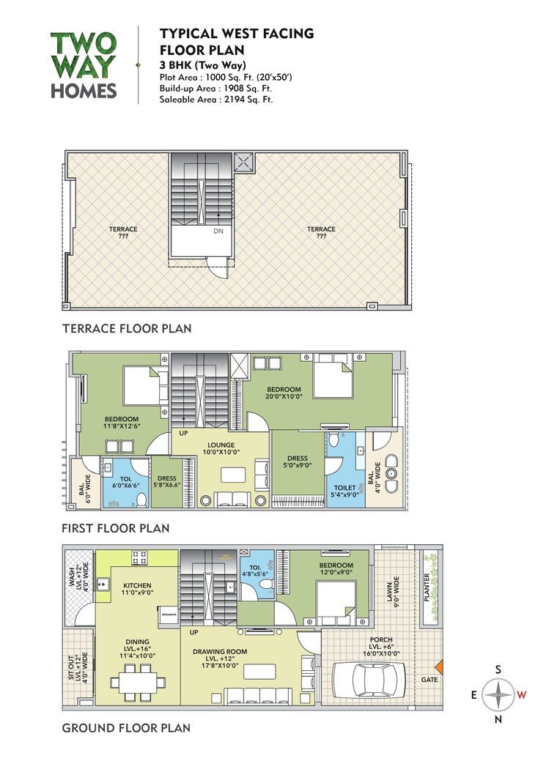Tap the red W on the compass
coord(521,695)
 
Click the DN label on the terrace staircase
coord(218,231)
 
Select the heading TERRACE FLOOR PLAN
coord(127,329)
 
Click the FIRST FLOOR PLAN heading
coord(115,527)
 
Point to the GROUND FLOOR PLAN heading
coord(126,728)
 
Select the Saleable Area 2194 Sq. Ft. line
coord(215,100)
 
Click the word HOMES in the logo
coord(84,90)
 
